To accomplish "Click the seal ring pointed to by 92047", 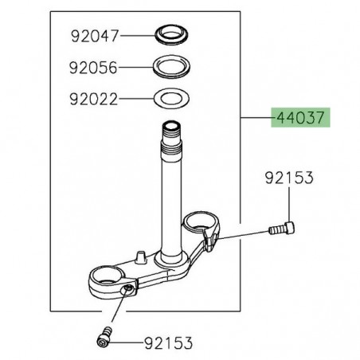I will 170,35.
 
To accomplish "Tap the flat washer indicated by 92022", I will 170,100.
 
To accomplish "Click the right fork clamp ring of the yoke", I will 203,224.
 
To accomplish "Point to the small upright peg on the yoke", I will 139,256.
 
